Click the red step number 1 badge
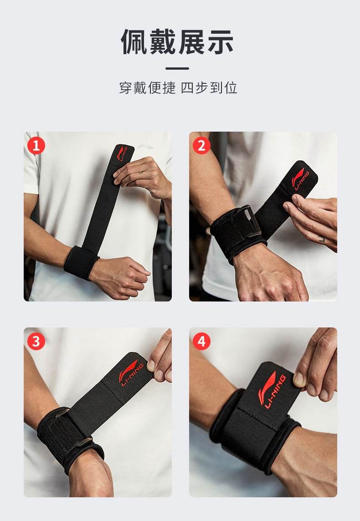point(36,146)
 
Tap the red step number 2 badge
point(201,146)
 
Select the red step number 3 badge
point(36,341)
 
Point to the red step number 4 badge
point(201,341)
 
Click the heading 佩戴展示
point(177,41)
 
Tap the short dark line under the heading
point(177,68)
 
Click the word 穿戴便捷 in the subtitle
point(147,88)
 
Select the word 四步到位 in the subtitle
point(209,88)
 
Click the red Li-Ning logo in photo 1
point(122,153)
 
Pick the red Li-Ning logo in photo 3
point(131,373)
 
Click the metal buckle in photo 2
point(250,220)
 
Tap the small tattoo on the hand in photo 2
point(321,239)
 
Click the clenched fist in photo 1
point(120,277)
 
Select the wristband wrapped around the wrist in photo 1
point(81,262)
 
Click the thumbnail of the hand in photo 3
point(151,366)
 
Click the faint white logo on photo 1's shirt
point(145,146)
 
